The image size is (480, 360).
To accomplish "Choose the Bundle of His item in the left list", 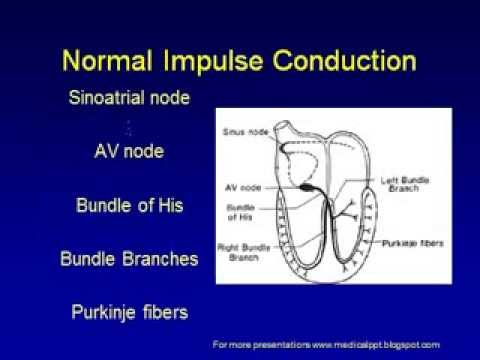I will tap(128, 206).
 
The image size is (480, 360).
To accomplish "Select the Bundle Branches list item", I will tap(128, 258).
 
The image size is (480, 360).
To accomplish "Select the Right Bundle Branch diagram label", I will tap(240, 249).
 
